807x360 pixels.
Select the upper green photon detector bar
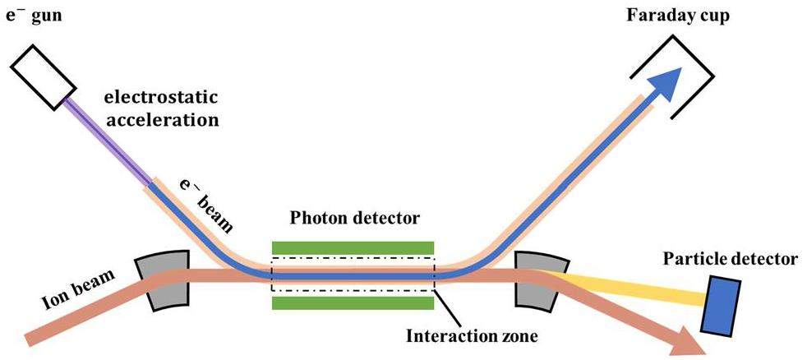[x=353, y=247]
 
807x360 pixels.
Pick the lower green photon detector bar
[x=353, y=302]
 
